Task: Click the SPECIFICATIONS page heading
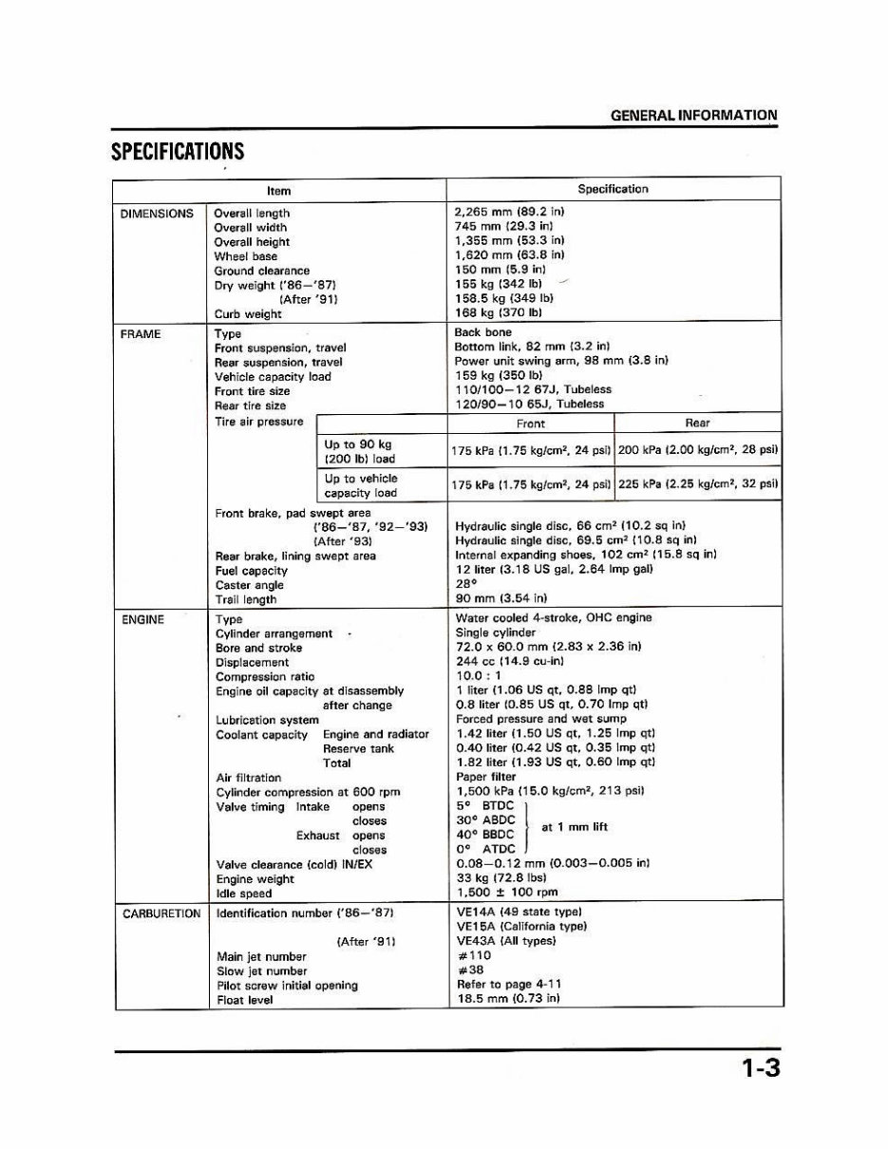(x=178, y=152)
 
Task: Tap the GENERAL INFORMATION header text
(x=693, y=116)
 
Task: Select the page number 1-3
(x=761, y=1068)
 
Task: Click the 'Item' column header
(x=279, y=190)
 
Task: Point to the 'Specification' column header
(x=613, y=189)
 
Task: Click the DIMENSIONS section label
(x=157, y=214)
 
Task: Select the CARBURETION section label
(x=161, y=914)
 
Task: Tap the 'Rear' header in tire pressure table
(x=697, y=424)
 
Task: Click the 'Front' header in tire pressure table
(x=531, y=424)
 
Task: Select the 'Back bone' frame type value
(x=483, y=332)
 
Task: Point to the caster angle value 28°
(x=465, y=585)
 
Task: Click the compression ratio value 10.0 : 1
(x=480, y=676)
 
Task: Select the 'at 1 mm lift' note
(x=574, y=827)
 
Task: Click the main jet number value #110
(x=474, y=956)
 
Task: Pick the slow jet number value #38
(x=470, y=970)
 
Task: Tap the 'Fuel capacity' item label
(x=251, y=571)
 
